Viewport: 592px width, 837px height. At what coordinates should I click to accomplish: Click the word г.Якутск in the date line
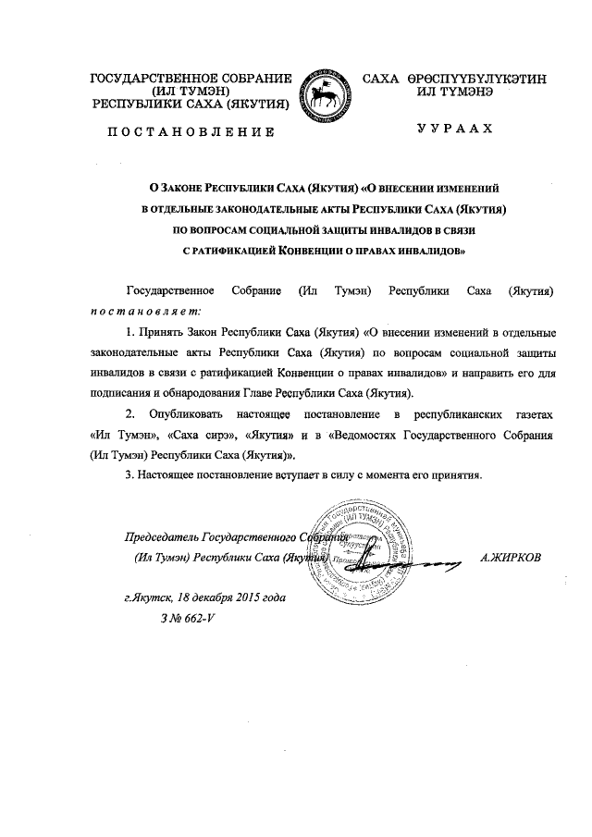[148, 597]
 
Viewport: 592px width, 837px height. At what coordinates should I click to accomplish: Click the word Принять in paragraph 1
[160, 330]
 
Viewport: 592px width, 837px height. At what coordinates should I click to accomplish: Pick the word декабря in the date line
[214, 597]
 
